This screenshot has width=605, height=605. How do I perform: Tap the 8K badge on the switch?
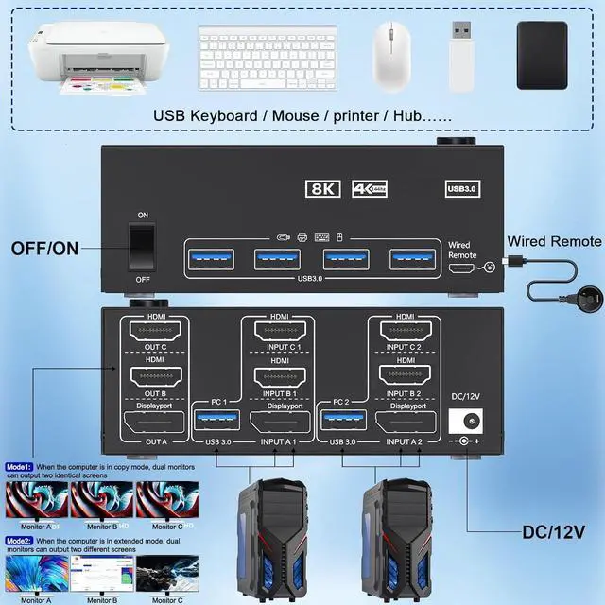(x=322, y=188)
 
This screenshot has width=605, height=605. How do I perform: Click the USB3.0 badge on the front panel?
(x=462, y=188)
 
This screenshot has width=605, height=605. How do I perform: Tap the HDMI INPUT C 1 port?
(x=280, y=334)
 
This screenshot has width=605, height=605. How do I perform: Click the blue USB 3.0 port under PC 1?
(x=211, y=419)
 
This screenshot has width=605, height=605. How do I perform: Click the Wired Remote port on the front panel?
(x=463, y=268)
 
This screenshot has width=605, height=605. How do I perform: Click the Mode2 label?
(x=19, y=541)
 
